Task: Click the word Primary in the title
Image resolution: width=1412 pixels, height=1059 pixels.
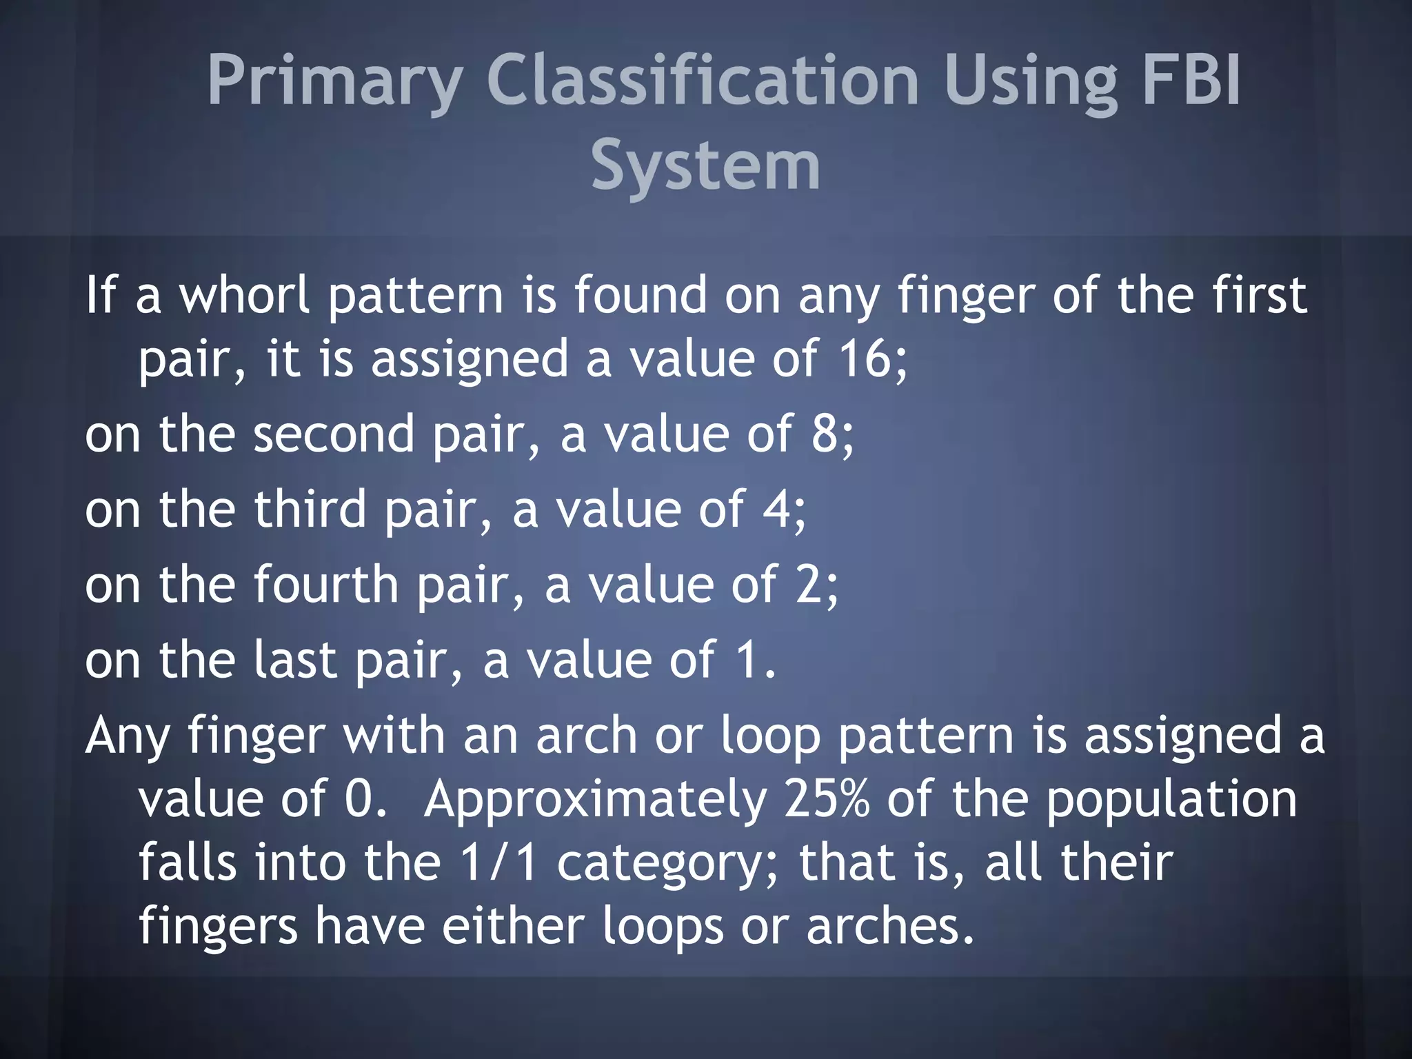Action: tap(334, 81)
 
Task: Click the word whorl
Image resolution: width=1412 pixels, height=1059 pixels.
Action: tap(245, 295)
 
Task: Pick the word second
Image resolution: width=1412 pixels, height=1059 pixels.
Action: tap(334, 434)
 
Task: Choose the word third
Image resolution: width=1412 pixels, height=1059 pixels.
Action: tap(310, 510)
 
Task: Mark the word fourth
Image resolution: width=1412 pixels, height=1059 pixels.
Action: tap(326, 585)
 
